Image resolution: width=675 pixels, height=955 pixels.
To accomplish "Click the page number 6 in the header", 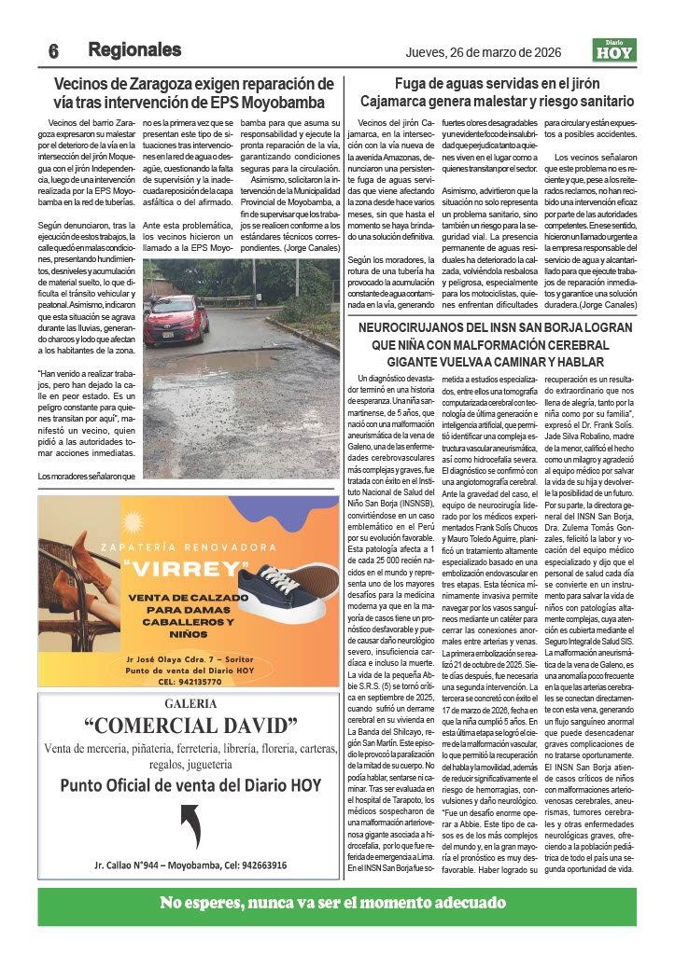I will (54, 50).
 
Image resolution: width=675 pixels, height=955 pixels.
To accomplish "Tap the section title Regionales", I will (134, 49).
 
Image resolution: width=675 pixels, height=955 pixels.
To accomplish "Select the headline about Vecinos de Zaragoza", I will (193, 92).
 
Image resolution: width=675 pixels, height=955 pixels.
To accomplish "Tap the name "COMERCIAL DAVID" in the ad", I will (190, 727).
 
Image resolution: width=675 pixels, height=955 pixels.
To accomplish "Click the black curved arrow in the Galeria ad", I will (190, 825).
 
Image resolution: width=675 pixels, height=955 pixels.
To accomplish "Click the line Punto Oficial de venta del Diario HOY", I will (190, 785).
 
